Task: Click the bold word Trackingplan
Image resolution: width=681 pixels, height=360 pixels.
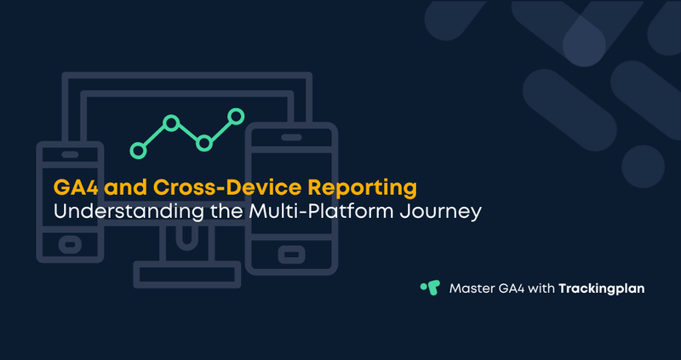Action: pos(602,289)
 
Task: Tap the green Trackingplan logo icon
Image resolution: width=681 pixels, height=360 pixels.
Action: pos(430,288)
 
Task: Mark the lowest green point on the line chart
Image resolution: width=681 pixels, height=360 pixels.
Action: pos(138,151)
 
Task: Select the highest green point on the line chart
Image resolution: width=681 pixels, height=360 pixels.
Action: pos(237,116)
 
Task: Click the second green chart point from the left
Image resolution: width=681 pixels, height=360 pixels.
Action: pos(171,124)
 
